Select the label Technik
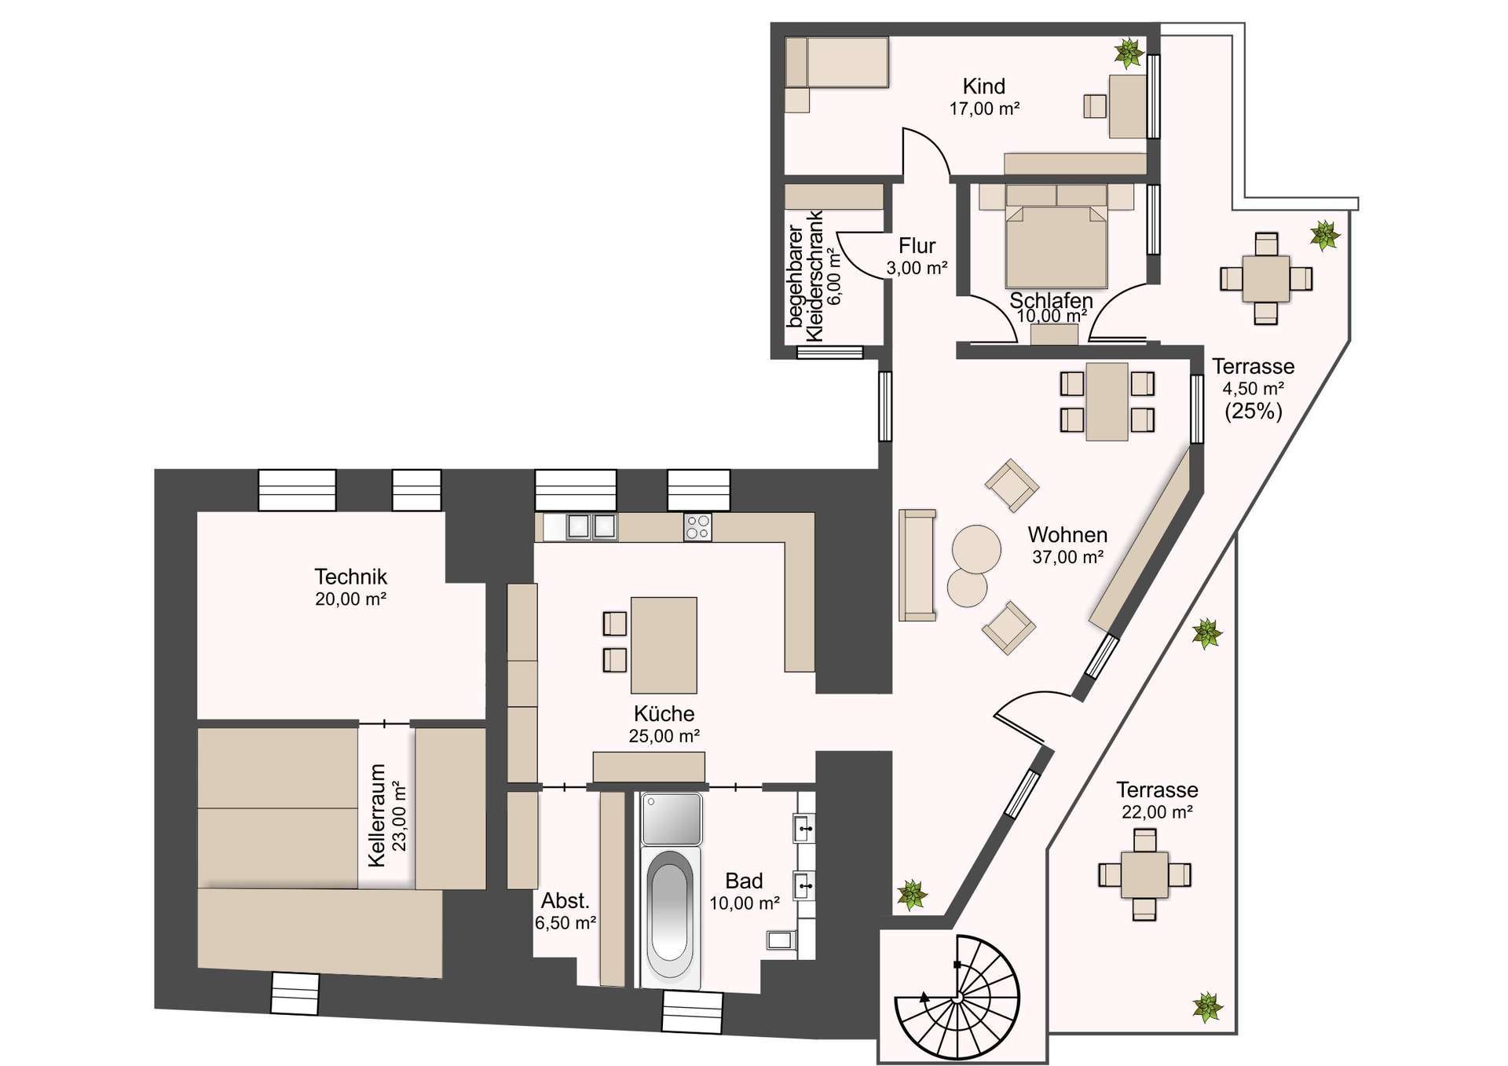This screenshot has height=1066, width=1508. coord(350,577)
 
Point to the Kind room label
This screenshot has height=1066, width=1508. coord(984,86)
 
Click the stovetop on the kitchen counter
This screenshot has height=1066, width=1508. coord(697,526)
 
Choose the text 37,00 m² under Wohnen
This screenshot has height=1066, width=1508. coord(1068,558)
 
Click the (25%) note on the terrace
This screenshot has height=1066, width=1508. coord(1254,411)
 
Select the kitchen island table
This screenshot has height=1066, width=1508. coord(664,646)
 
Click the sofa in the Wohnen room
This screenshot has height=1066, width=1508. coord(917,564)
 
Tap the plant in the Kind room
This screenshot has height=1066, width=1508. coord(1129,53)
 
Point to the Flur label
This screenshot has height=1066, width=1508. coord(917,246)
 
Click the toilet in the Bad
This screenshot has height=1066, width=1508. coord(781,940)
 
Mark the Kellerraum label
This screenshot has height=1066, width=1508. coord(378,815)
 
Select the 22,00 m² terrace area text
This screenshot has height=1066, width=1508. coord(1157,812)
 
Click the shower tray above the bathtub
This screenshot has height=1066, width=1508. coord(672,819)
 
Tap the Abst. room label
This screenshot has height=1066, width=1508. coord(565,901)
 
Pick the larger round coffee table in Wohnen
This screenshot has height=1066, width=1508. coord(977,550)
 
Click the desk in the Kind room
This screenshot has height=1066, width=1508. coord(1128,106)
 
